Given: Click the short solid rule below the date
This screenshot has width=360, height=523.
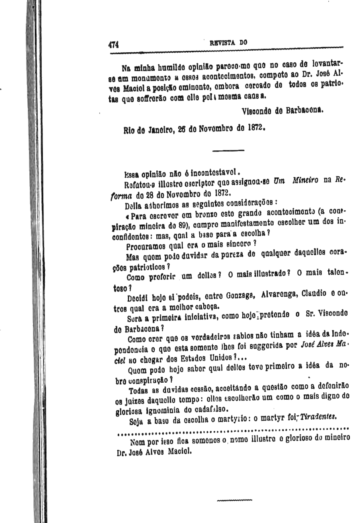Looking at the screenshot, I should tap(228, 150).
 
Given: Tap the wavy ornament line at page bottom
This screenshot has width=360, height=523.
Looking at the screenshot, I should tap(234, 501).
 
